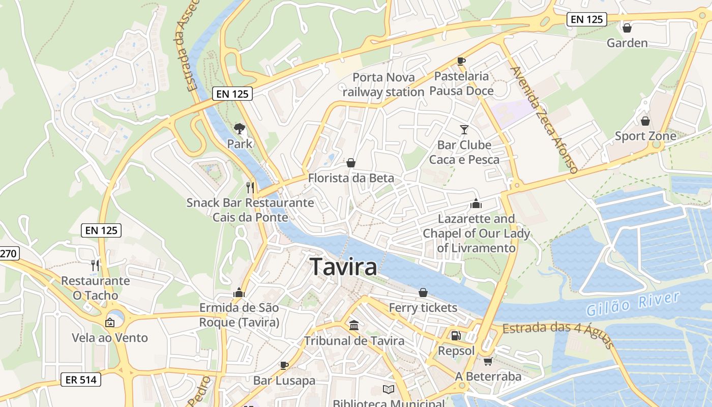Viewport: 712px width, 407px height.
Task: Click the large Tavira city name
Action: pos(343,267)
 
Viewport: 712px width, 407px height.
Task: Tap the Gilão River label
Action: pos(633,304)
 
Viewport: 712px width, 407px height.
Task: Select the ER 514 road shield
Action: pos(81,379)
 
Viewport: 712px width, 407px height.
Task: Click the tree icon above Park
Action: pos(239,129)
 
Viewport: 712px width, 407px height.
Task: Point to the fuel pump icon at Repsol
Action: pos(456,336)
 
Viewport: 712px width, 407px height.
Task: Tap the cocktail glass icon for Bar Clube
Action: pos(464,130)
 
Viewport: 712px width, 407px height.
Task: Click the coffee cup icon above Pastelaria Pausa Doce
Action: pos(461,61)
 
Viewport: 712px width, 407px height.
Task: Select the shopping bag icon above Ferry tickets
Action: pos(423,293)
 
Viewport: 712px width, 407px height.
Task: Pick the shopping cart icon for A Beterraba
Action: pos(488,361)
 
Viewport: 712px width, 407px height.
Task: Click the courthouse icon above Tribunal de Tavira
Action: pos(353,325)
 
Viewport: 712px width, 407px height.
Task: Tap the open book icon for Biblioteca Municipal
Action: pos(388,390)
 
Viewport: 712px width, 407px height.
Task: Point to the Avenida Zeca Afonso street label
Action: pos(544,120)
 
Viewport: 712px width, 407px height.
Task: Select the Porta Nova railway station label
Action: pos(383,84)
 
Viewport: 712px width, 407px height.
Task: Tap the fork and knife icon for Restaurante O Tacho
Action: pos(95,265)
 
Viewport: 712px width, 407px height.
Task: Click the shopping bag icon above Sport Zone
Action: pos(645,121)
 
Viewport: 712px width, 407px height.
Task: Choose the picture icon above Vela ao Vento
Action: pos(109,323)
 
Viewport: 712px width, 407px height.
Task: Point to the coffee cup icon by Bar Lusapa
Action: pos(284,365)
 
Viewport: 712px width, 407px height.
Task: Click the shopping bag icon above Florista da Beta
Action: pos(350,163)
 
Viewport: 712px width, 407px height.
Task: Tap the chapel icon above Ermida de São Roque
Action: pos(239,293)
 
